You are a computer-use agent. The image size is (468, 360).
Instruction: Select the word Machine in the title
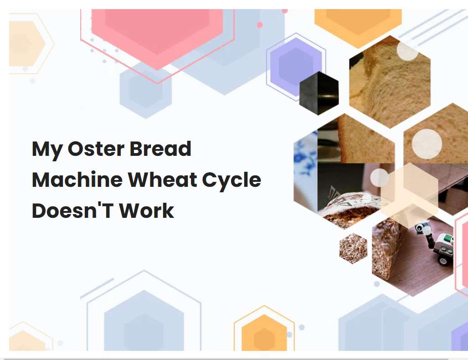click(76, 180)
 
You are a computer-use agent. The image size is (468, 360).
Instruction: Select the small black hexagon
click(319, 93)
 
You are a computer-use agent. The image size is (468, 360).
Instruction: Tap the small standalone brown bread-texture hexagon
click(353, 248)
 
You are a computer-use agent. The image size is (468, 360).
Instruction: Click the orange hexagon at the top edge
click(358, 23)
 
